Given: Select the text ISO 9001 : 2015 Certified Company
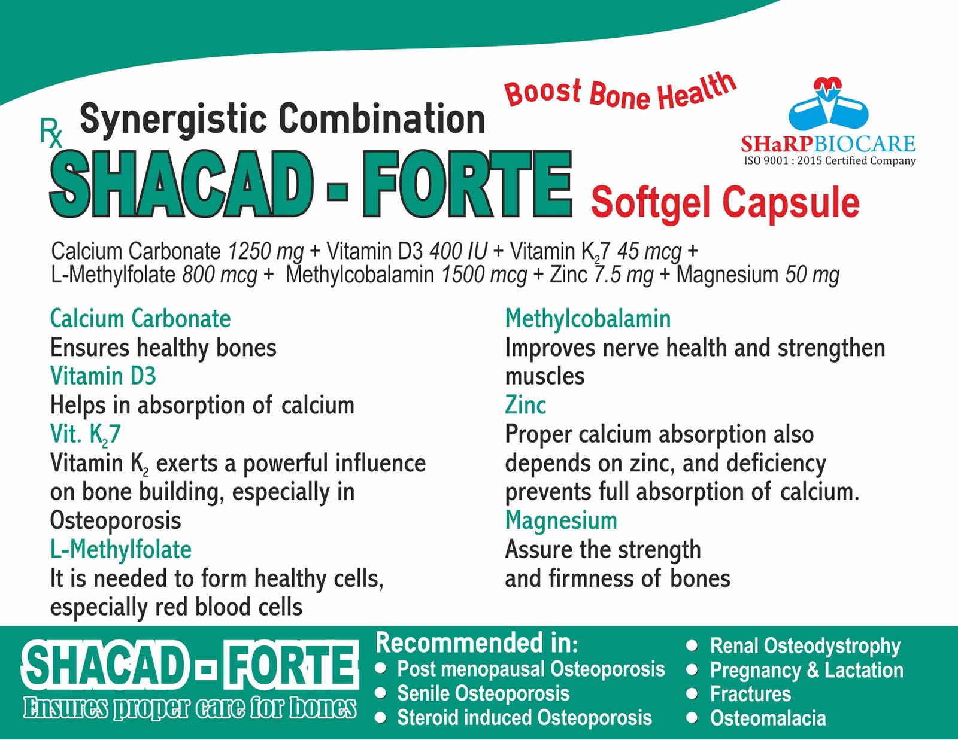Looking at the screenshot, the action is point(830,161).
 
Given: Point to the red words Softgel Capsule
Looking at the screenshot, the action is point(726,204).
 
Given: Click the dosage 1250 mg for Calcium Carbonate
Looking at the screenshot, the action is point(265,252).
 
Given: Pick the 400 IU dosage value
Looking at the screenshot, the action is point(458,252).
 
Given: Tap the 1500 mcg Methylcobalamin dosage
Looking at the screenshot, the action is point(484,275).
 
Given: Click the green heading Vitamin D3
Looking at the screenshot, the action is point(103,377).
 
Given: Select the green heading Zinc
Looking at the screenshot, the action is point(526,405).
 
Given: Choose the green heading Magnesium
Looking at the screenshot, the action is point(561,521).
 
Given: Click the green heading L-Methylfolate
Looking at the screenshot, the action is point(121,550).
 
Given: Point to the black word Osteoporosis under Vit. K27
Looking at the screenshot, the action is point(116,521).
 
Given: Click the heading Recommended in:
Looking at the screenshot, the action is point(477,643).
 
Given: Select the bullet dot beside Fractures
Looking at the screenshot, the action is point(692,694).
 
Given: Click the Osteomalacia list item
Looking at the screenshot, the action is point(768,718).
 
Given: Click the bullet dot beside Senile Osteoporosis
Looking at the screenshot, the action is point(380,693).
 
